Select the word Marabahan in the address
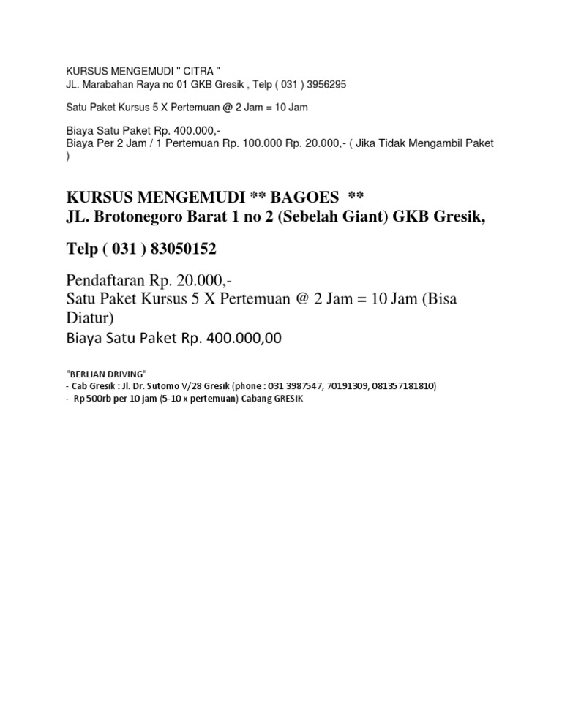coord(107,85)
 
